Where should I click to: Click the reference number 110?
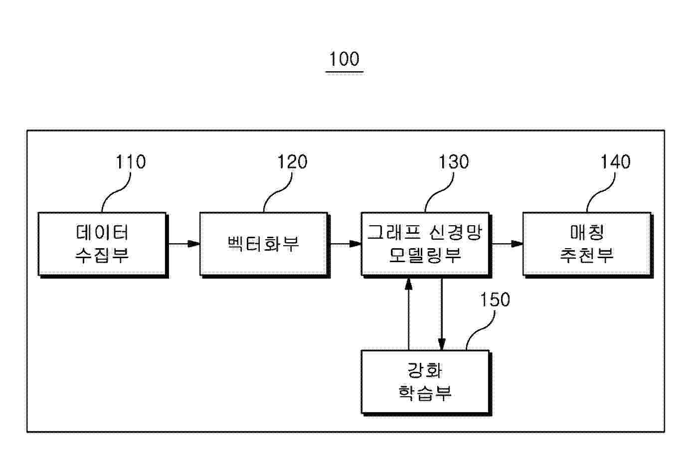coord(131,162)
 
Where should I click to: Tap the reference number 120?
coord(292,162)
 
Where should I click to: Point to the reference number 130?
coord(454,162)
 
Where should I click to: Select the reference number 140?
coord(615,162)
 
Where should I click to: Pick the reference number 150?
coord(495,300)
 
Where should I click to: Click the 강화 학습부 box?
coord(426,383)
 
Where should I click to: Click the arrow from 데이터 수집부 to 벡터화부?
coord(184,244)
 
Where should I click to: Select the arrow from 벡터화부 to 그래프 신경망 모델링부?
coord(346,244)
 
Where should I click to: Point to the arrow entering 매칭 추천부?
coord(508,244)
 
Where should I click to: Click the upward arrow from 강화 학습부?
coord(409,314)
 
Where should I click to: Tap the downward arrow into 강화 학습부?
coord(442,314)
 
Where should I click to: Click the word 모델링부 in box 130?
coord(425,256)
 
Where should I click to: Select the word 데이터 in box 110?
coord(102,232)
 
